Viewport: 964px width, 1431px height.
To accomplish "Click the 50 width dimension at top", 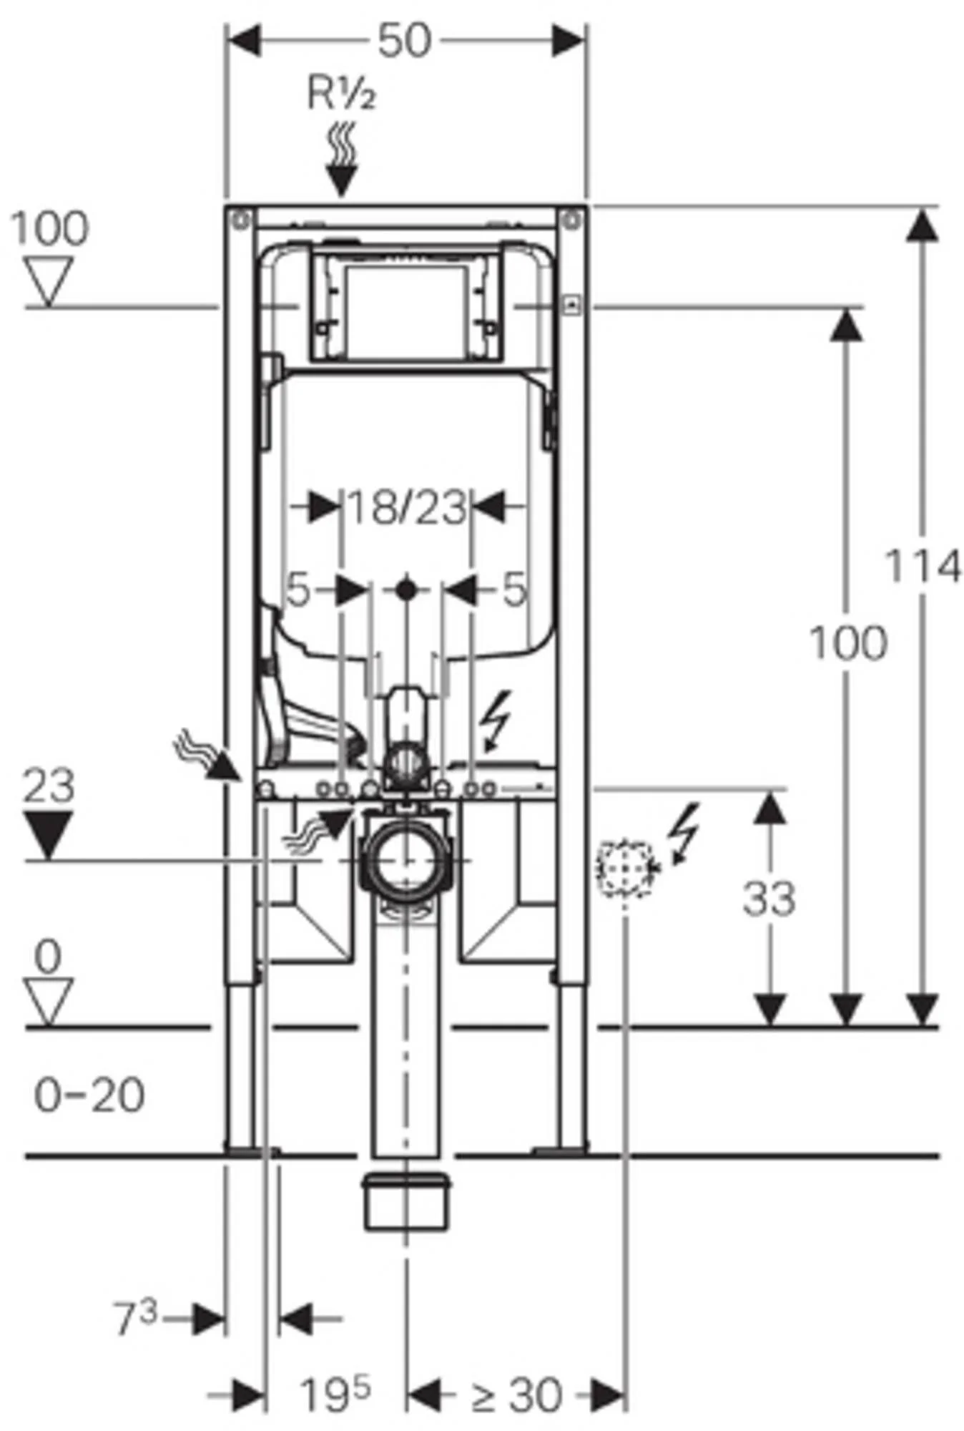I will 405,41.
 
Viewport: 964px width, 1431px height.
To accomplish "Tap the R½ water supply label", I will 341,94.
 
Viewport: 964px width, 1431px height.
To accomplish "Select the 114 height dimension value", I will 923,567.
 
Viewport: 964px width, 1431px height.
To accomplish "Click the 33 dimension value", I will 769,899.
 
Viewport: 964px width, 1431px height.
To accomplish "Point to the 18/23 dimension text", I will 406,507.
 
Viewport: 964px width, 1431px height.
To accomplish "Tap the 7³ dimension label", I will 135,1318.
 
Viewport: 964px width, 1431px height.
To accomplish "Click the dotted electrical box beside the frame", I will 625,868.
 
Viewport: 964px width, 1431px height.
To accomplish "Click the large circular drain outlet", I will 405,859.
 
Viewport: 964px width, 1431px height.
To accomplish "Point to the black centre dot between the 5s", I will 406,590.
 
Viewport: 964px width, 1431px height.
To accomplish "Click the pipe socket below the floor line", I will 406,1201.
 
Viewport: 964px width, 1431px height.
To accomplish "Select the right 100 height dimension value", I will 848,643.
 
